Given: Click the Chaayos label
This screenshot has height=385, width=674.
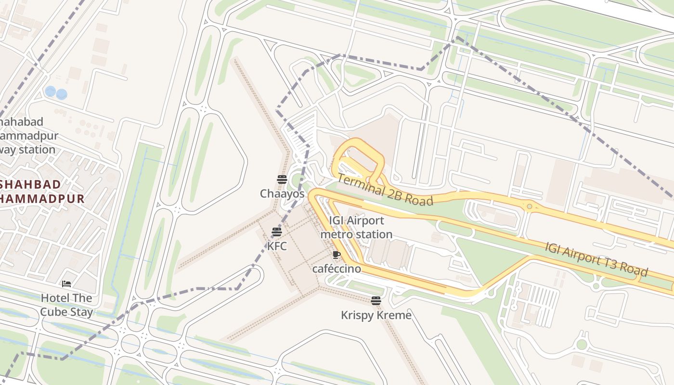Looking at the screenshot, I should coord(282,194).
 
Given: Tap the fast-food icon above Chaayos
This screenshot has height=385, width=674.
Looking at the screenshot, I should coord(282,180).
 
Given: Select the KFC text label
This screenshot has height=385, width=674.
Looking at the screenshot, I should coord(277,246).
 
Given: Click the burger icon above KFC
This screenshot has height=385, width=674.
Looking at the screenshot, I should coord(276,232).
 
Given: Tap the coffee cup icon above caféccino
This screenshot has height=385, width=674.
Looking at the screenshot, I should coord(337,255).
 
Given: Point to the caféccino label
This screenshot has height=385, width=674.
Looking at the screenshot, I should coord(337,269).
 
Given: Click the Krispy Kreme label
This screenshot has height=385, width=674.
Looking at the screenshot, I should coord(376,315).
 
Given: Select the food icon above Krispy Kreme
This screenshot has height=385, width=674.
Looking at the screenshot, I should coord(376,301).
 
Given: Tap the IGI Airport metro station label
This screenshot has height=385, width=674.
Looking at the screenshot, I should coord(356,228).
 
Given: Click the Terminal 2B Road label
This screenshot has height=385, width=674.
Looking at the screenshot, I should coord(385,189).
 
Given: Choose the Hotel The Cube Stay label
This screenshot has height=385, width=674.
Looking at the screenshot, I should coord(66,305).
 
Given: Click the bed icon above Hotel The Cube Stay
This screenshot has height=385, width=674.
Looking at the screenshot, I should coord(66,284).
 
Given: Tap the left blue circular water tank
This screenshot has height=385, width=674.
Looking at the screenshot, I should coord(50,91).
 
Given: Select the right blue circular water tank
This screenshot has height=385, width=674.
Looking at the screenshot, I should coord(62,94).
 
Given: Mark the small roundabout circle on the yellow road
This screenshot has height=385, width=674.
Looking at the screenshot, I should coord(530,206).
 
